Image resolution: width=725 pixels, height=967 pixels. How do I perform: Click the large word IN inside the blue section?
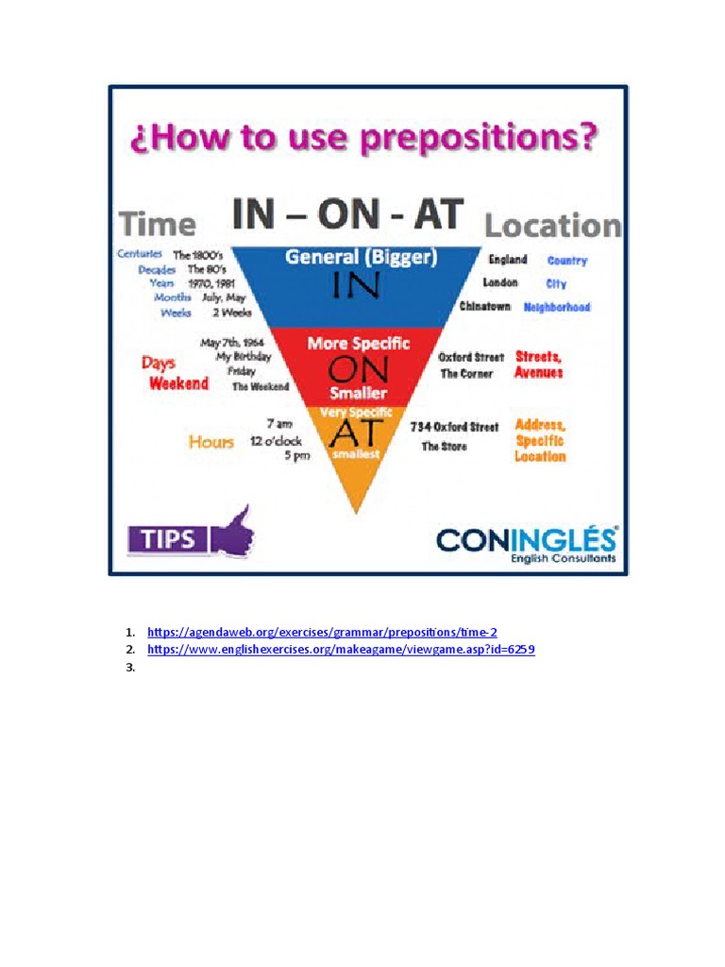(x=355, y=286)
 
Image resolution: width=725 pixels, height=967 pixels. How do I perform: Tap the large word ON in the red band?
(x=357, y=369)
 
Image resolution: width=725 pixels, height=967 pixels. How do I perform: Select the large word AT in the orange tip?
(x=355, y=433)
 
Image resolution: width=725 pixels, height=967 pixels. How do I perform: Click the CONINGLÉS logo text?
(x=526, y=539)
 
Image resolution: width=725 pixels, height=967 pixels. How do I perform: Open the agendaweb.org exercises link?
(x=322, y=631)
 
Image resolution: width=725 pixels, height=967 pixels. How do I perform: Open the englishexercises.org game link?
(x=341, y=650)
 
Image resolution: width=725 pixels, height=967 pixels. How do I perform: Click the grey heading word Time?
(x=158, y=224)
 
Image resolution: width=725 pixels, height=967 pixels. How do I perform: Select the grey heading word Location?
(x=552, y=226)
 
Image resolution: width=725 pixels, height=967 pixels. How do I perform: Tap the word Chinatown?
(x=485, y=306)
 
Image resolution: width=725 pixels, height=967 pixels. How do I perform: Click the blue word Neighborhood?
(x=557, y=307)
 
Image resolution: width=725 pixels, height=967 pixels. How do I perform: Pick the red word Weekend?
(x=178, y=383)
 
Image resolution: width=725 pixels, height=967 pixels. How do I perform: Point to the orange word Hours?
(x=211, y=441)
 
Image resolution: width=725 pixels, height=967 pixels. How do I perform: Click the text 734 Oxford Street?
(x=454, y=427)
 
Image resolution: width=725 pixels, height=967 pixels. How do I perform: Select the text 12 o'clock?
(x=275, y=441)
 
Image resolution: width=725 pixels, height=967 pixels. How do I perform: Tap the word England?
(x=508, y=260)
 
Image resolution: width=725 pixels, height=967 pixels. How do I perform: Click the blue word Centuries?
(x=140, y=254)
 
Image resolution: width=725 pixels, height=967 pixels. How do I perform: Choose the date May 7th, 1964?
(x=232, y=343)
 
